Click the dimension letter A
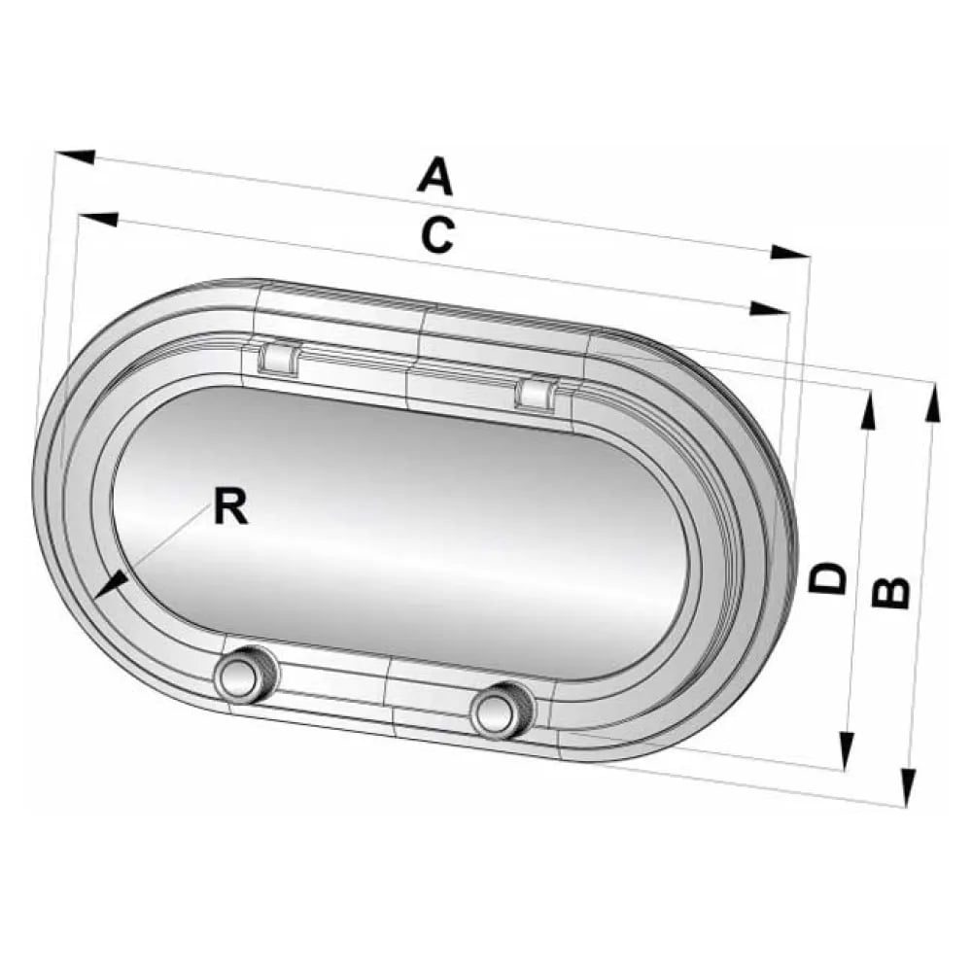point(435,177)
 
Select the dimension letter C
point(437,235)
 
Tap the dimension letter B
point(890,593)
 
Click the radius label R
point(230,505)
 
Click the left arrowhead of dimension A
point(76,156)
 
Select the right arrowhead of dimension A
point(789,252)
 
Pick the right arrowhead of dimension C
point(769,308)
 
